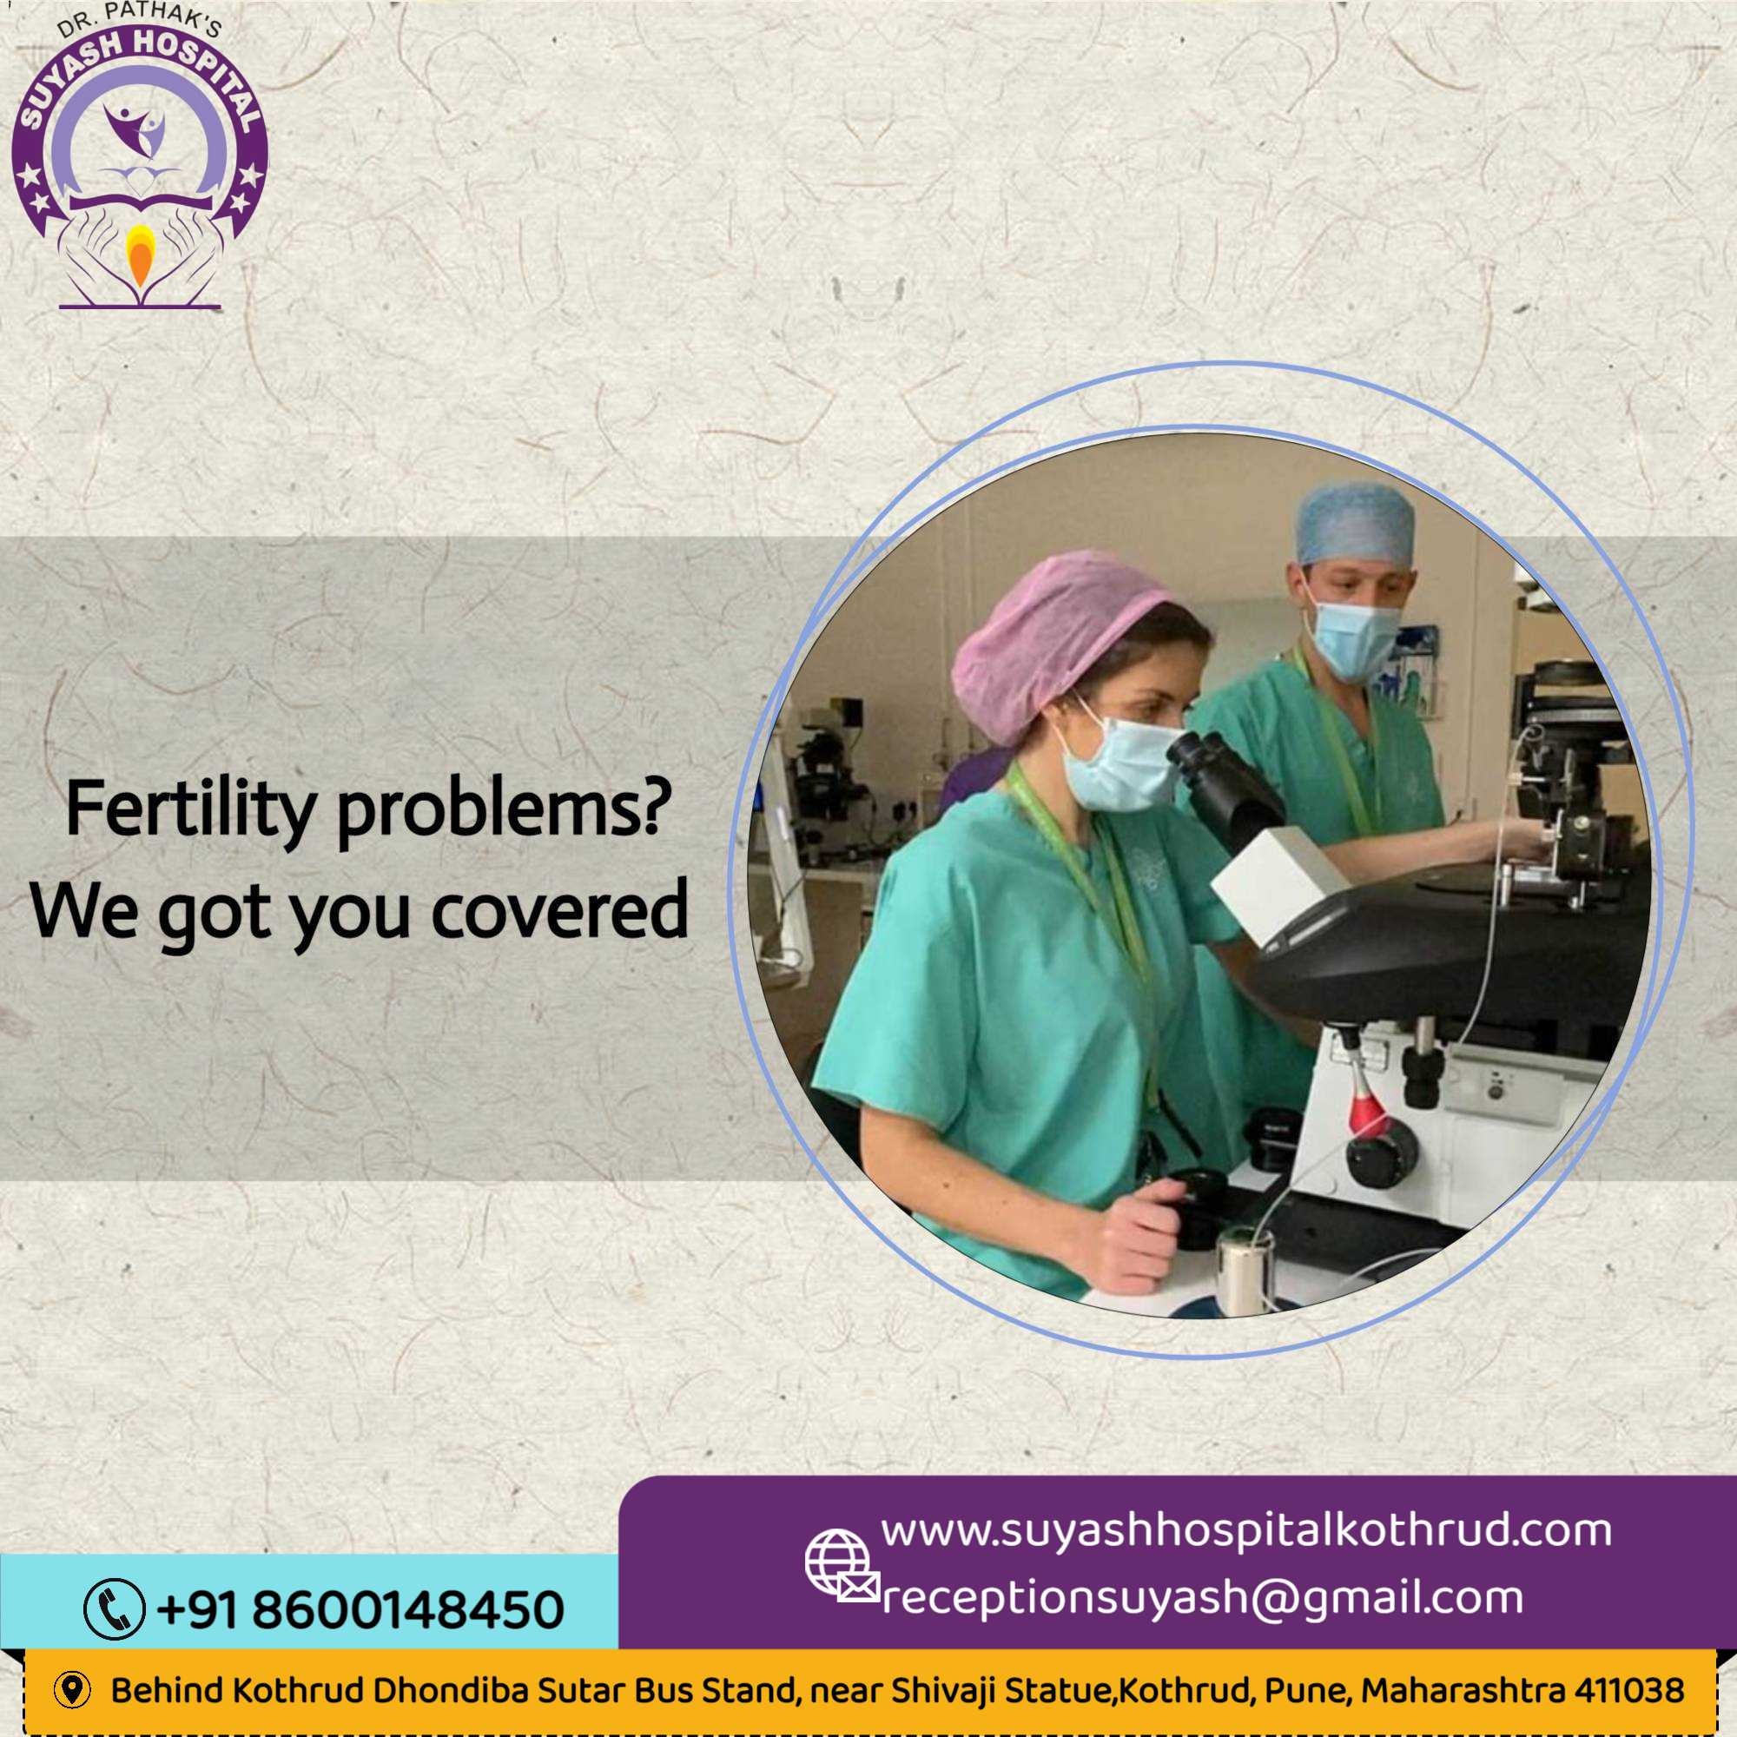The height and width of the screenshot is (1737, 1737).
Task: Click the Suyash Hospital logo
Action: point(139,158)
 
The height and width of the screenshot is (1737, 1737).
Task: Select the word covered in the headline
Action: point(559,911)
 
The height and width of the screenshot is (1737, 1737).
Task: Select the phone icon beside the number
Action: point(114,1608)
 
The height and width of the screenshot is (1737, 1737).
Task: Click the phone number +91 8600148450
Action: point(360,1609)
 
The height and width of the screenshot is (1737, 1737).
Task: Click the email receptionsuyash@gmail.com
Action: point(1203,1598)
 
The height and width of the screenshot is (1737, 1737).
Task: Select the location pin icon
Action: point(73,1690)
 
